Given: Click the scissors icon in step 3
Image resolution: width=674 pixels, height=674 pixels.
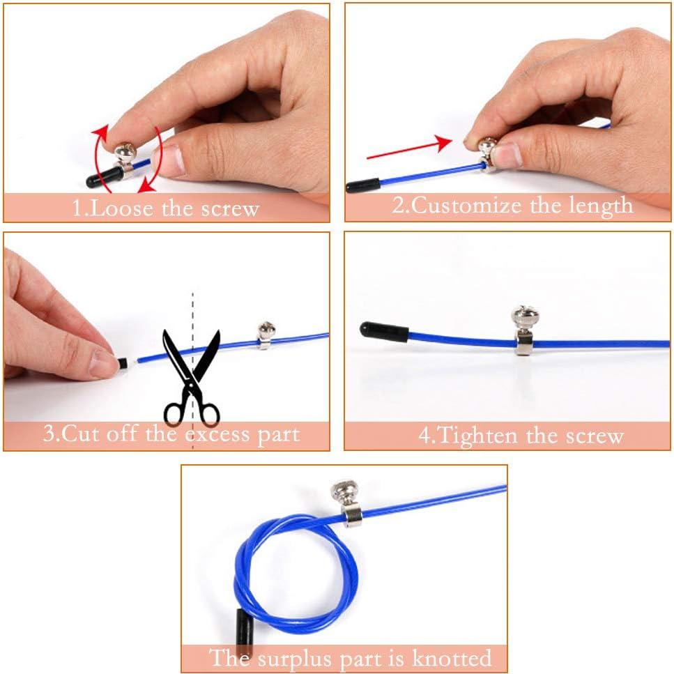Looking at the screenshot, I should [x=191, y=376].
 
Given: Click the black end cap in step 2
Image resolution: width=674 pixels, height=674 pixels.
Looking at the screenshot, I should [x=363, y=185].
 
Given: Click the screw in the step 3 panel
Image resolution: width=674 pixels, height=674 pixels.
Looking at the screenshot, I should [x=266, y=330].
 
